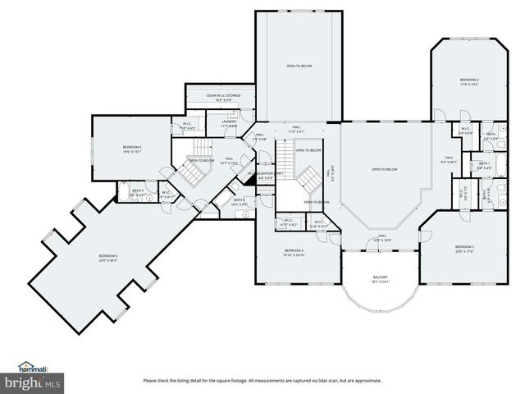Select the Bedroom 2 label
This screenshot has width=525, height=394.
point(469,80)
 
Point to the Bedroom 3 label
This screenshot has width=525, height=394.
point(465,246)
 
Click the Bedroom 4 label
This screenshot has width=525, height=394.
point(294,250)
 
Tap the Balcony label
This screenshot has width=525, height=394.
point(379,277)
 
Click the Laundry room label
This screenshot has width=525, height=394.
point(229,121)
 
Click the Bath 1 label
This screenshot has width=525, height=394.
point(485,163)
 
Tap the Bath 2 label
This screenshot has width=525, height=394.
point(239,199)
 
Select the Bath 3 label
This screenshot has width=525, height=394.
point(138,190)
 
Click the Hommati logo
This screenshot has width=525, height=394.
point(33,367)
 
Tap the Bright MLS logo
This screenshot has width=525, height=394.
point(33,382)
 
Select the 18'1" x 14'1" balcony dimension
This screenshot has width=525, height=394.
point(379,282)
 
